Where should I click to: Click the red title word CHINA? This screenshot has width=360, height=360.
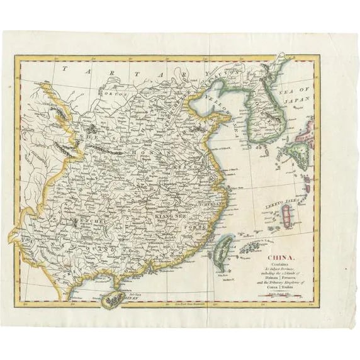click(282, 256)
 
